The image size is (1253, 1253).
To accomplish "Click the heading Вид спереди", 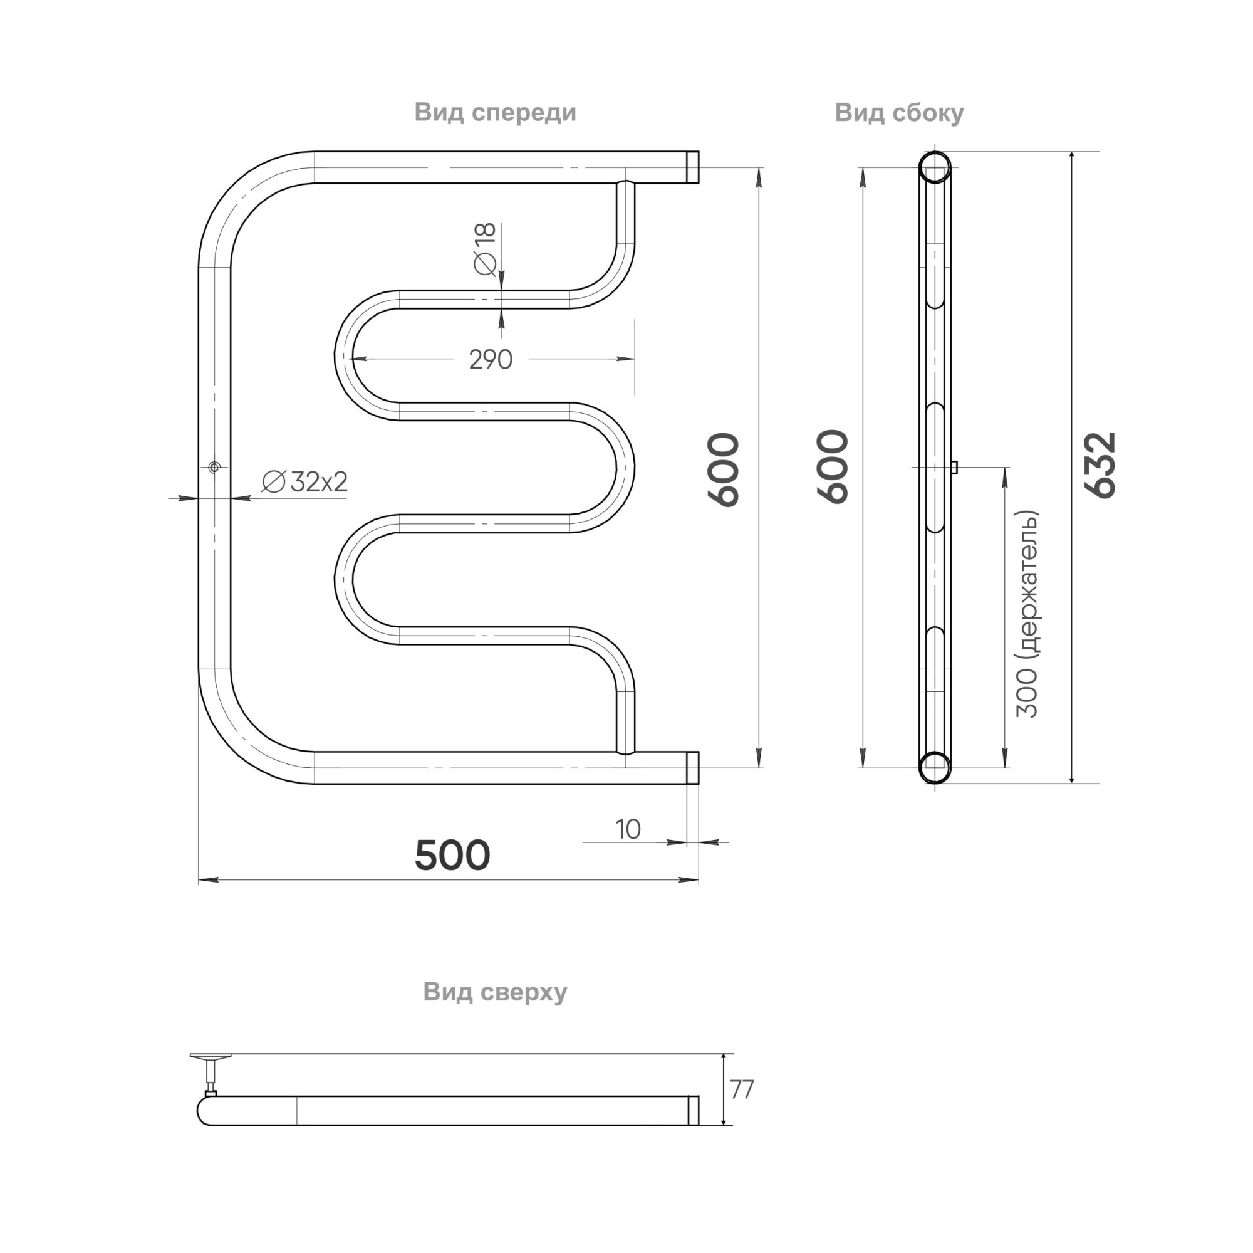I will [x=495, y=112].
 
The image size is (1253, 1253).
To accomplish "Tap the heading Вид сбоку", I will [x=899, y=112].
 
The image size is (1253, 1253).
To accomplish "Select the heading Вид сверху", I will [x=495, y=992].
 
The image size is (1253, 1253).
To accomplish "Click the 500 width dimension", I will [x=452, y=855].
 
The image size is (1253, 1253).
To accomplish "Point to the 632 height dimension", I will [x=1101, y=464].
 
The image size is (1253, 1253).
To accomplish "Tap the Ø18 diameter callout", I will [x=485, y=249].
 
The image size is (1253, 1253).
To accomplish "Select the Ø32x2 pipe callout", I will [x=305, y=481].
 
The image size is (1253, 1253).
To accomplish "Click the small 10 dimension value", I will [x=628, y=829].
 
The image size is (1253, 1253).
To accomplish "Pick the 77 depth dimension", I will [x=742, y=1090].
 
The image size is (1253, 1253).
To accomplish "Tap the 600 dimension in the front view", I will [x=723, y=469].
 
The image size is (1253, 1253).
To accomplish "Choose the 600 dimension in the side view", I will [x=833, y=466].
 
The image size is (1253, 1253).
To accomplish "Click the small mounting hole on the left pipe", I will [x=215, y=466].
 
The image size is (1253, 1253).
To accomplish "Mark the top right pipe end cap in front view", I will [x=693, y=167].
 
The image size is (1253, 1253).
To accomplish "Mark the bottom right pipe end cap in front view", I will [x=693, y=768].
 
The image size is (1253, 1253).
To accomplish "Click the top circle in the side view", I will [x=935, y=167].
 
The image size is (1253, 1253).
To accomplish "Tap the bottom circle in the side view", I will [x=935, y=767].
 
